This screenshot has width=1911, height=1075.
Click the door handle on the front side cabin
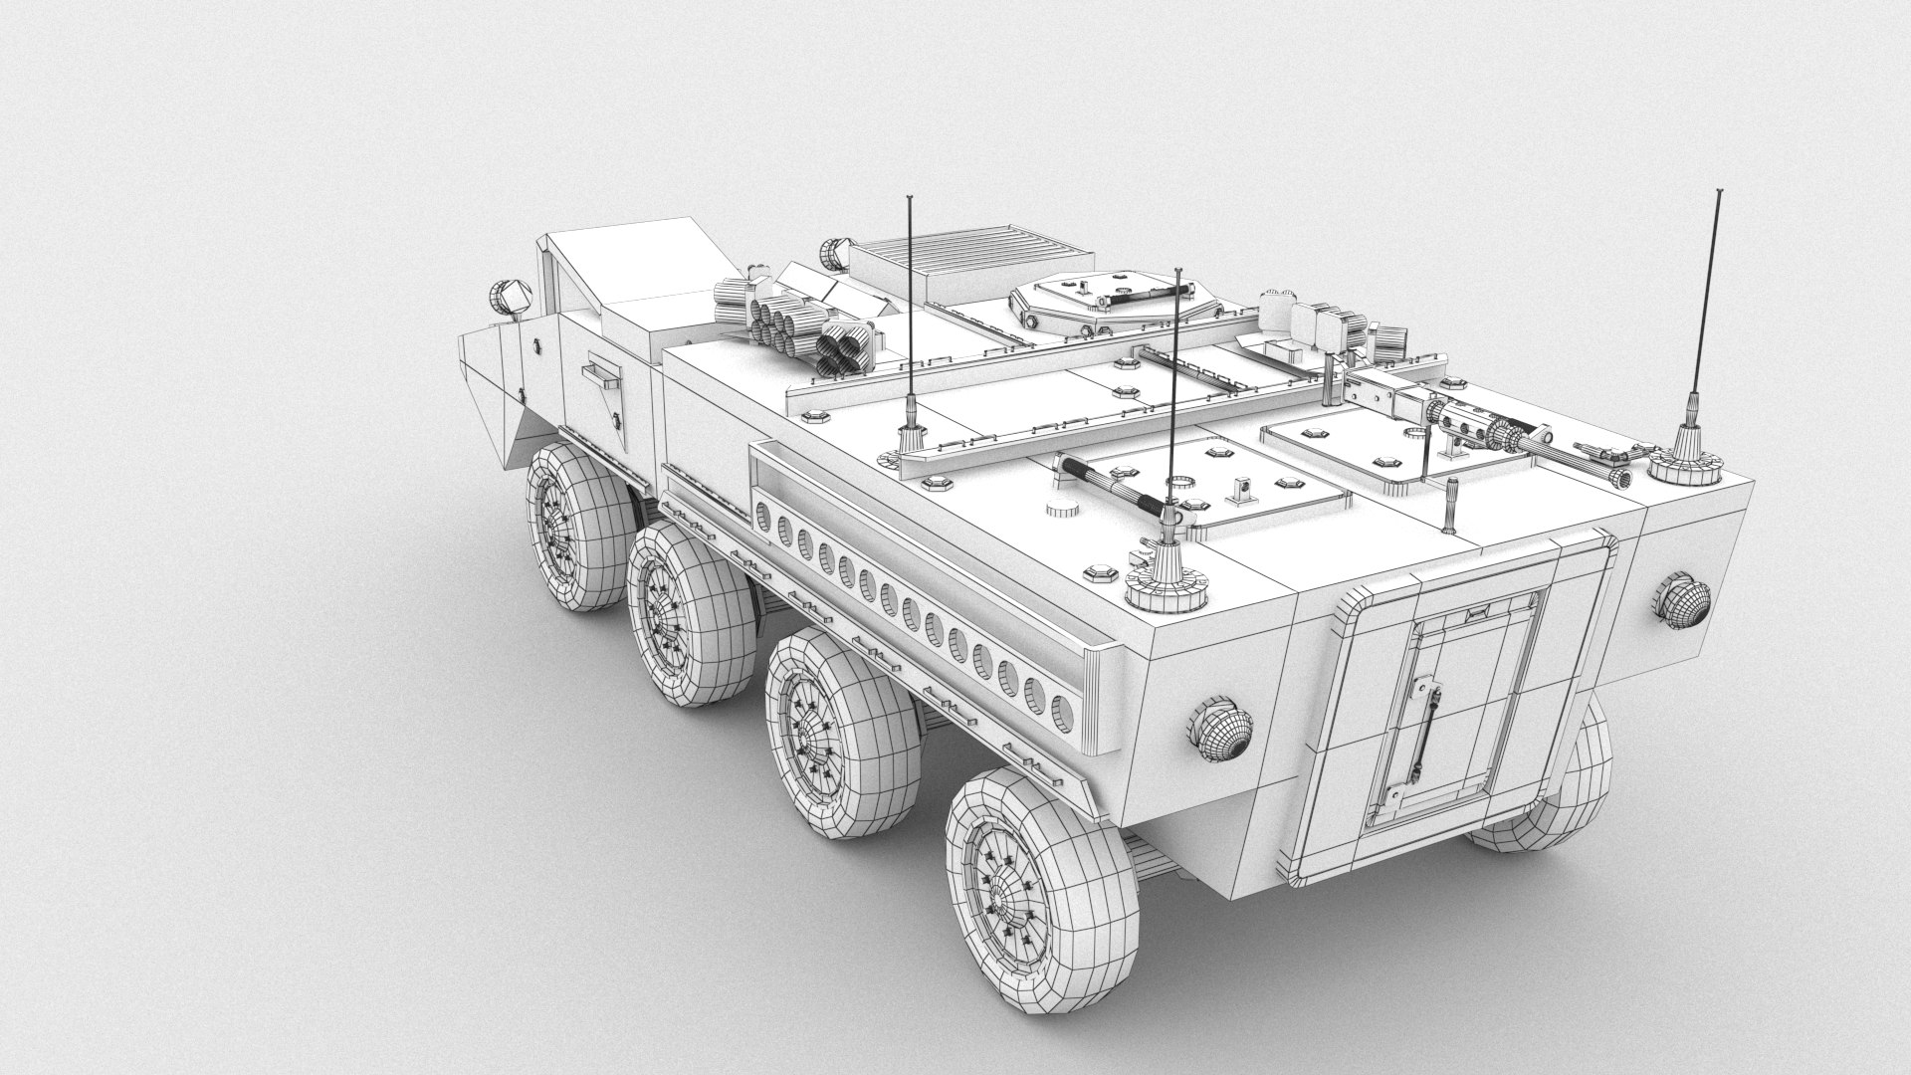[x=599, y=374]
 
